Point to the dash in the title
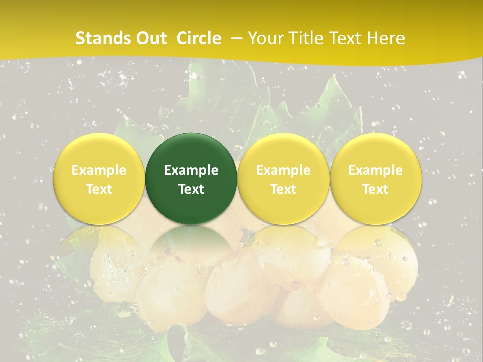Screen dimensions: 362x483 (237, 38)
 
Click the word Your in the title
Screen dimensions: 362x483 (265, 38)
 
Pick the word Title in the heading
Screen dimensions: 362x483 (306, 38)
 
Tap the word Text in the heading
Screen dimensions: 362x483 (348, 38)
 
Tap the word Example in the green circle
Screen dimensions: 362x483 (191, 170)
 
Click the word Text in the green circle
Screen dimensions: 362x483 (191, 189)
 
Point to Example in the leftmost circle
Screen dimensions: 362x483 (99, 170)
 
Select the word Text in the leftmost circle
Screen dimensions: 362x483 (99, 189)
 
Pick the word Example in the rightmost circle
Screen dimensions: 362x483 (375, 170)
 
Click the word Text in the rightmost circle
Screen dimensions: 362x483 (375, 189)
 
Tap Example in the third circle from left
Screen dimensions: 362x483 (283, 170)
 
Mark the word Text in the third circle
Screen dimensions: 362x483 (283, 189)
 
